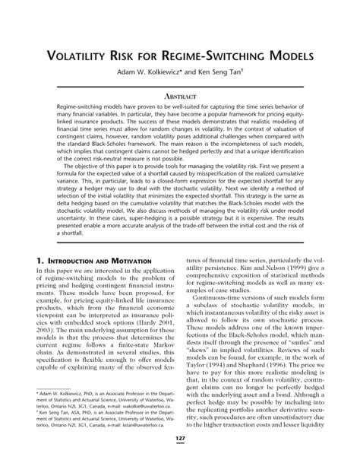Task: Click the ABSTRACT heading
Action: coord(180,98)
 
